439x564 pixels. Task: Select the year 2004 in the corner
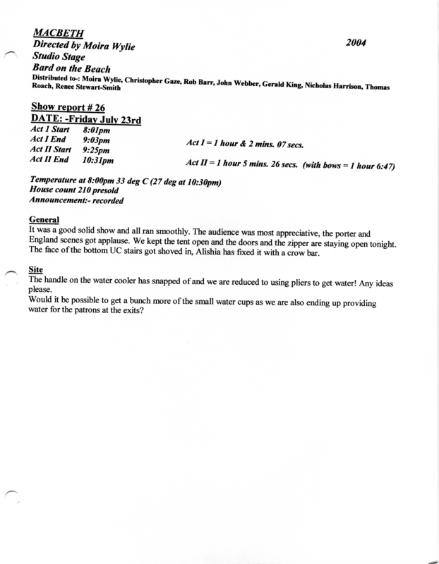click(x=360, y=42)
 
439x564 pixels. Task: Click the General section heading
click(x=44, y=219)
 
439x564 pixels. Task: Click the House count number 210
click(x=93, y=191)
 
